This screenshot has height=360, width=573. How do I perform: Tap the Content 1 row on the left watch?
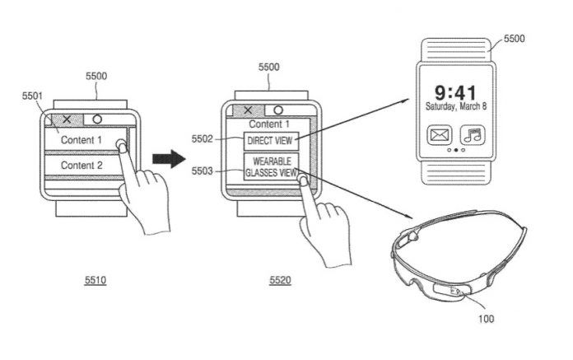click(82, 140)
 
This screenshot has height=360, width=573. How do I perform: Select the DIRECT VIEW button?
click(269, 141)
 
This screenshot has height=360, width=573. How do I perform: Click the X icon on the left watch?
click(68, 120)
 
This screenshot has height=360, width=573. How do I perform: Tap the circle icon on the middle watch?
click(278, 110)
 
